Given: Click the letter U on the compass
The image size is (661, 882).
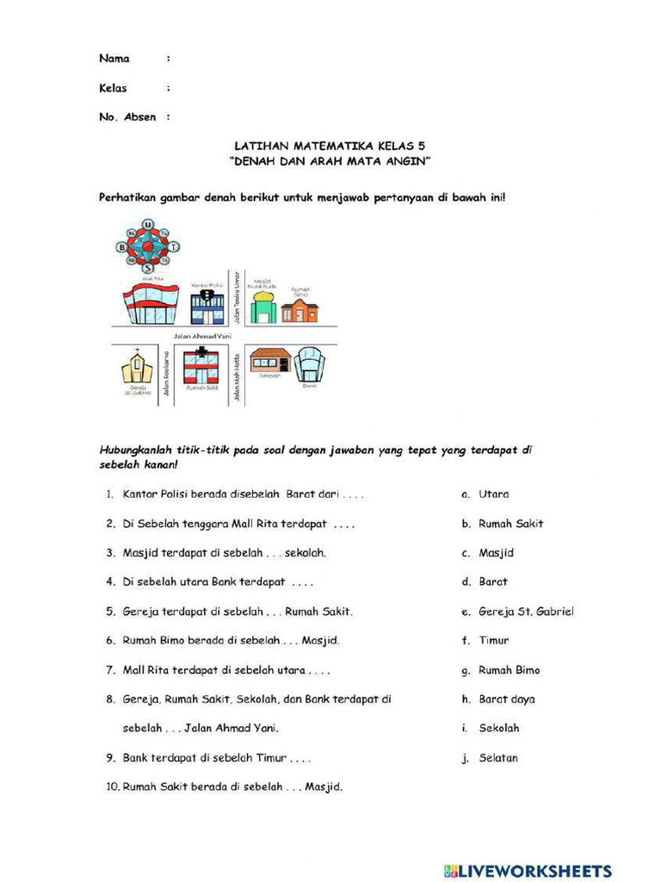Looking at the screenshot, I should tap(148, 225).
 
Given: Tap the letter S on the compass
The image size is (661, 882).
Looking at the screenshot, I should tap(148, 268).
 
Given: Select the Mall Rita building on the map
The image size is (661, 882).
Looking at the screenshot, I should tap(151, 304).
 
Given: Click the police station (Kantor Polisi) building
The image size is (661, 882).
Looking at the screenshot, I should tap(207, 305).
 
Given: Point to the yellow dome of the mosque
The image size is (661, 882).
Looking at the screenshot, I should tap(263, 298).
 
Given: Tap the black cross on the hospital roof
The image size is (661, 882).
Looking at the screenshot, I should tap(201, 352).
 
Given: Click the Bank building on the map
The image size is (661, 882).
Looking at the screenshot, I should tap(310, 364).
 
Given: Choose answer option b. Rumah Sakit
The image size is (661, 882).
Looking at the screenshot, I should tap(510, 524).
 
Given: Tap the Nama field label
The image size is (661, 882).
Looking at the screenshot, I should tap(114, 59).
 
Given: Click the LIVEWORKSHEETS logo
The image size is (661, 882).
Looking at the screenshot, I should tap(528, 870).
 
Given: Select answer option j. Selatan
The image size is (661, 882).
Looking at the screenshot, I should tap(497, 758).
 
